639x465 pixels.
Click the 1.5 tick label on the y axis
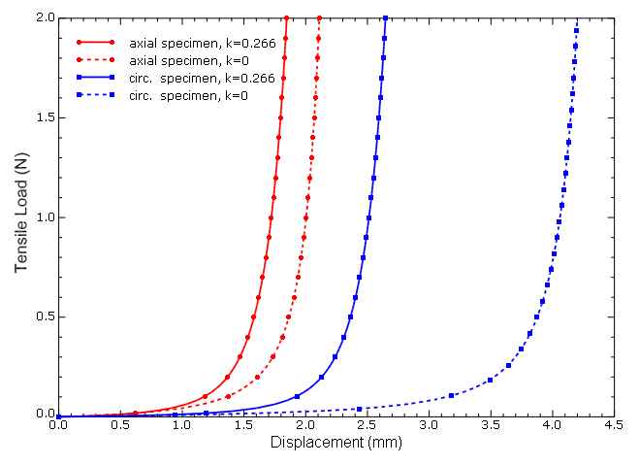42,117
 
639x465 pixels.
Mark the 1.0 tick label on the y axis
42,217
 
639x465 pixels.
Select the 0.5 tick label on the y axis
42,316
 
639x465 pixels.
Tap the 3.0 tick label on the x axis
429,425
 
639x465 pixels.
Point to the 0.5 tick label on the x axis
120,425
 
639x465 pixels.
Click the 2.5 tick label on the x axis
367,425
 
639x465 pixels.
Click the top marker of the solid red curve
286,17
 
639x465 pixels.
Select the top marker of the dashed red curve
319,17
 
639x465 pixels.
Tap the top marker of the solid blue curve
385,17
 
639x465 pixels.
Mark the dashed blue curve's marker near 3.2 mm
452,395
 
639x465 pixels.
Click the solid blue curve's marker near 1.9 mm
297,396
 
